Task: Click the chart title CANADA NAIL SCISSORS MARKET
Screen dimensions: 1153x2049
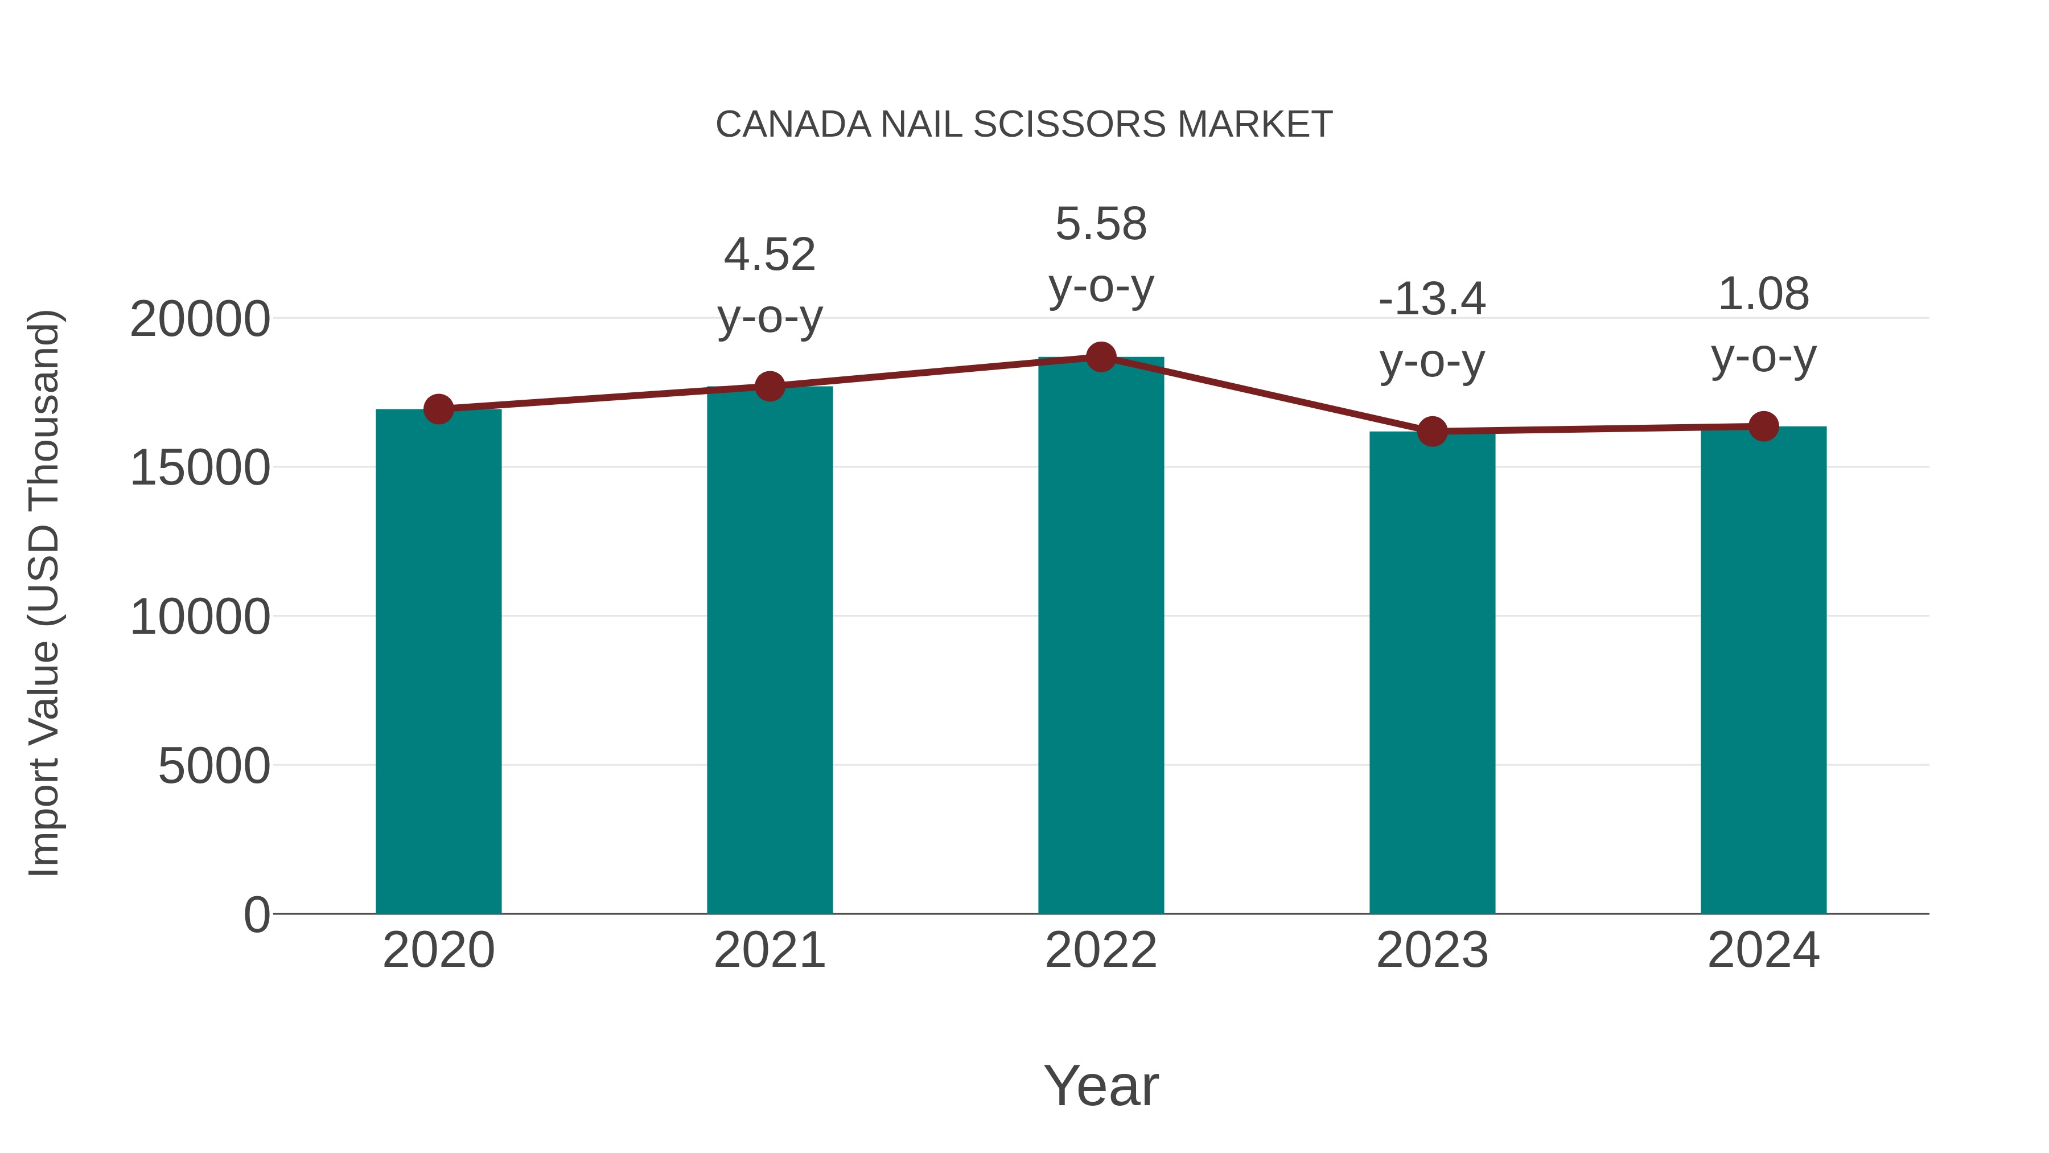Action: click(x=1024, y=125)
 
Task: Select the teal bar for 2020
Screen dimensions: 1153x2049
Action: click(x=438, y=660)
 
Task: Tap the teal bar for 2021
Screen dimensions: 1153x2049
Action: click(x=769, y=649)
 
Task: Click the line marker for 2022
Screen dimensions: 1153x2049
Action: click(x=1101, y=357)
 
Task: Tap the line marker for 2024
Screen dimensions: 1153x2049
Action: click(x=1763, y=426)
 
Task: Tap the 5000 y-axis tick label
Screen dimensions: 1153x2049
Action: click(x=214, y=766)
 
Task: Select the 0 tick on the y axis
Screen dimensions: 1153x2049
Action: click(x=256, y=914)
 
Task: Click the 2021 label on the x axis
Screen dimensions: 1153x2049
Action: click(x=769, y=950)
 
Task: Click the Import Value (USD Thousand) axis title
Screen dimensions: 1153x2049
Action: click(x=44, y=593)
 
